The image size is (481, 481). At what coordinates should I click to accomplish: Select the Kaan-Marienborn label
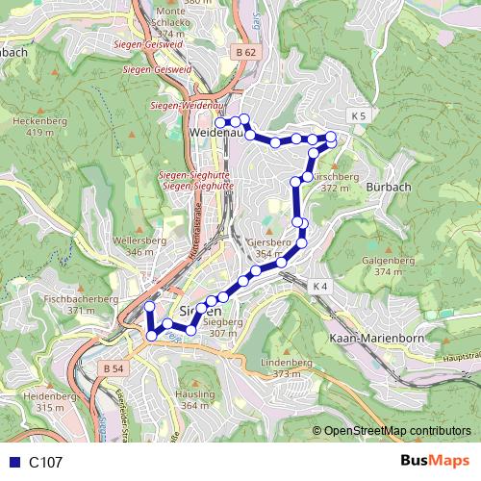370,340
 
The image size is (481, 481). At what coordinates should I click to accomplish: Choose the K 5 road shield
359,116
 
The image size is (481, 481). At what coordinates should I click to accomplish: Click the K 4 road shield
320,287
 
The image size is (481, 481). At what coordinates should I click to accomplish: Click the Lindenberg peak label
287,363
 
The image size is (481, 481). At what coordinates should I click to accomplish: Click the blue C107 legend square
13,463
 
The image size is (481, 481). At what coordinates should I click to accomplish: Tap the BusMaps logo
436,462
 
